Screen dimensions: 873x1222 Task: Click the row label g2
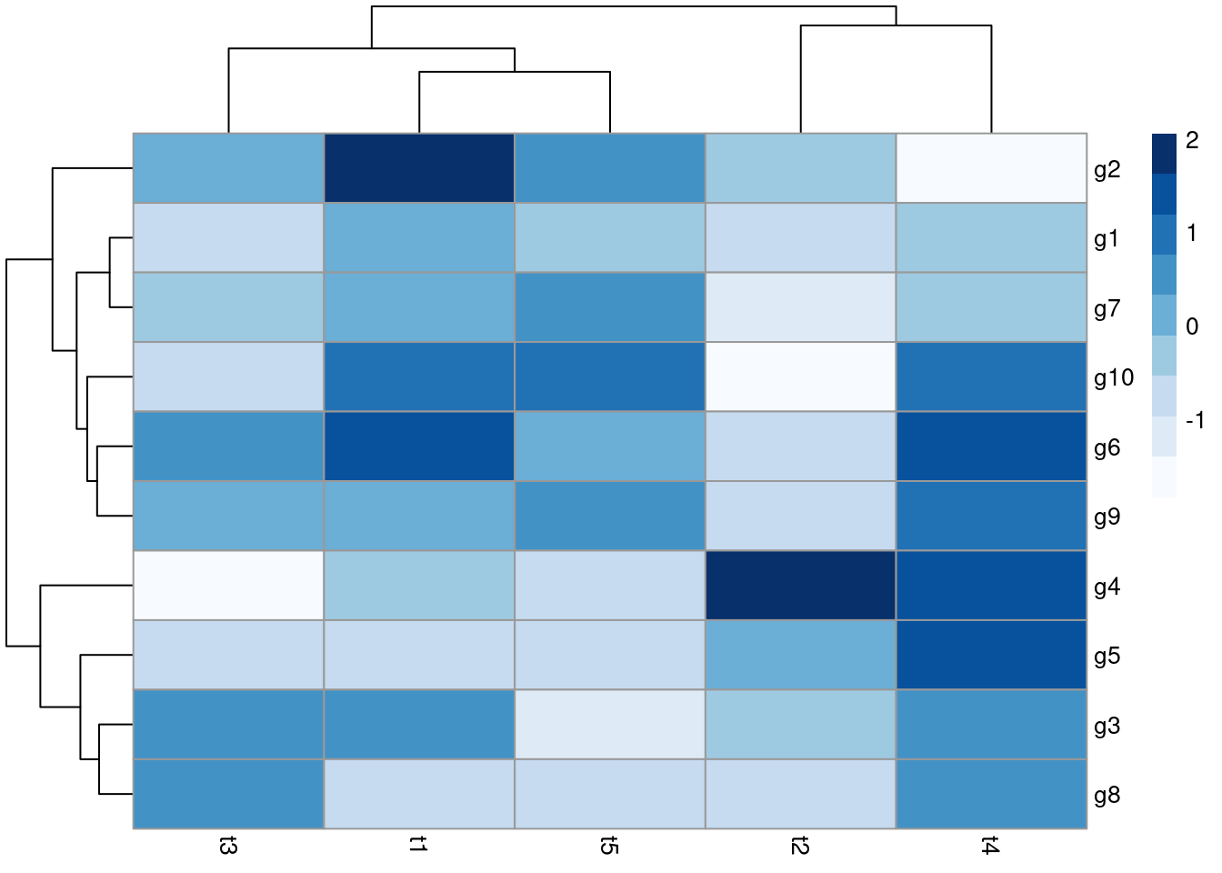[x=1107, y=169]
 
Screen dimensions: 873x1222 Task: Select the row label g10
[x=1113, y=377]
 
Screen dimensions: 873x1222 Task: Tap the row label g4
[x=1107, y=587]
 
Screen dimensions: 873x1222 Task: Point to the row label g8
[x=1107, y=795]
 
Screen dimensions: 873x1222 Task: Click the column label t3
[x=228, y=847]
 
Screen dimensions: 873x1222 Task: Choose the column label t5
[x=609, y=847]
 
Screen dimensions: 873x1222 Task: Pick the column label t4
[x=991, y=847]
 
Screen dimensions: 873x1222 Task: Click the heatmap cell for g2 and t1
[x=419, y=168]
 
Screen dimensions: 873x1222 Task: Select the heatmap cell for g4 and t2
[x=800, y=586]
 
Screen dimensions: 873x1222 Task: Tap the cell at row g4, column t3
[x=228, y=586]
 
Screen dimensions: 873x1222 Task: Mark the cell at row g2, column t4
[x=991, y=168]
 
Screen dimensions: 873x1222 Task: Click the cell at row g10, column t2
[x=800, y=376]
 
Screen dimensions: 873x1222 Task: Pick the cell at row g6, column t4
[x=991, y=447]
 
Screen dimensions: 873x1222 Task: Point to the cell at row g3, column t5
[x=609, y=725]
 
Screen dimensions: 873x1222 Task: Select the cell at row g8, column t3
[x=228, y=794]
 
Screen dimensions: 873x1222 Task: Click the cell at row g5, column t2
[x=800, y=655]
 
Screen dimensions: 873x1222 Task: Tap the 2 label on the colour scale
[x=1192, y=140]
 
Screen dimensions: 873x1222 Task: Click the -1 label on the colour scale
[x=1194, y=420]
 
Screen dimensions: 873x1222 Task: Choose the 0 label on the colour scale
[x=1192, y=326]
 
